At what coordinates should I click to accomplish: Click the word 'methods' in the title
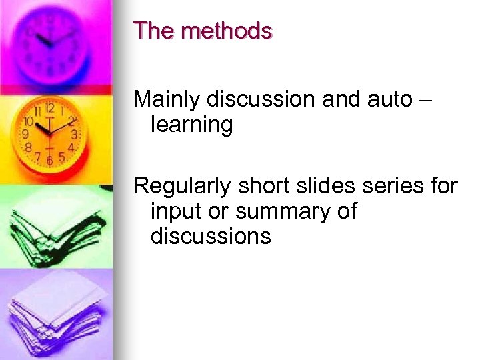(227, 31)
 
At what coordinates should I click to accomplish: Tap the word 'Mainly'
(167, 100)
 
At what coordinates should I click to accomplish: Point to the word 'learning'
(192, 125)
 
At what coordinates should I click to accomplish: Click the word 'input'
(173, 212)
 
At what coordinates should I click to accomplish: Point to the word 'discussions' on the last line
(211, 236)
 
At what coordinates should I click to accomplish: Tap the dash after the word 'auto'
(427, 100)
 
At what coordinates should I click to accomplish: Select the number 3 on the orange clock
(74, 134)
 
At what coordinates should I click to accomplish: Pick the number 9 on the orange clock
(25, 134)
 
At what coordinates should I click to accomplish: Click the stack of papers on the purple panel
(57, 313)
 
